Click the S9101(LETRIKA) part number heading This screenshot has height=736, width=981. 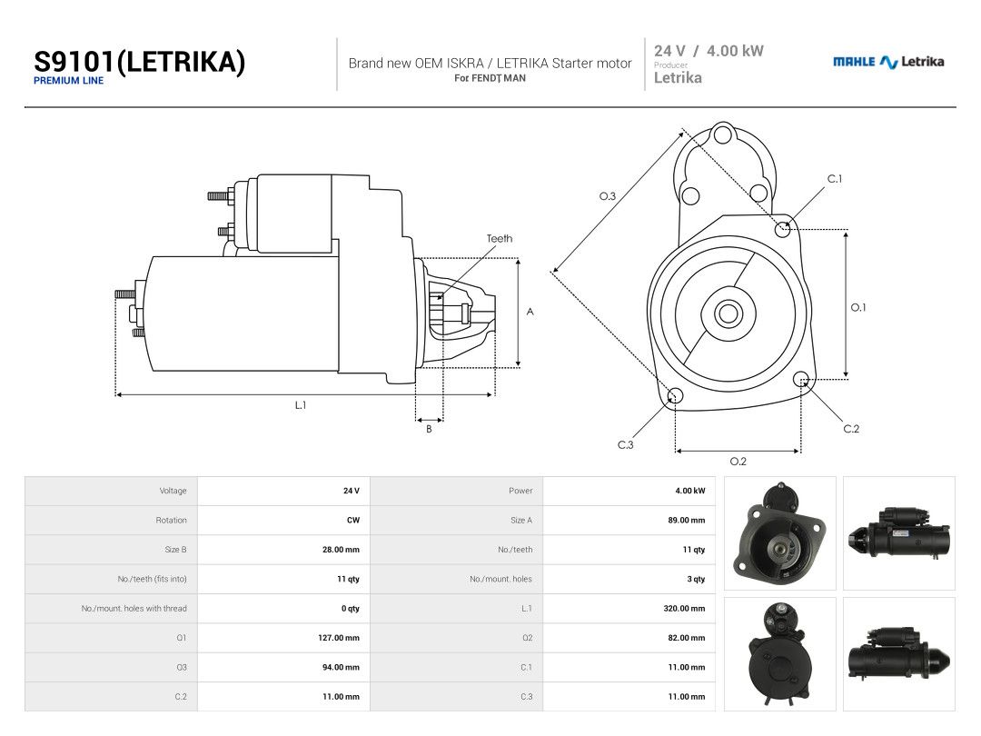tap(139, 62)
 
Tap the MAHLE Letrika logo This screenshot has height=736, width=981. tap(887, 62)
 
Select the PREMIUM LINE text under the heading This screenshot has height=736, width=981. tap(68, 81)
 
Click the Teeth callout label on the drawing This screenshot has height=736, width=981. tap(500, 238)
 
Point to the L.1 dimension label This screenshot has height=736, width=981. tap(301, 405)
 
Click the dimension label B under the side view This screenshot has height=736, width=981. tap(429, 429)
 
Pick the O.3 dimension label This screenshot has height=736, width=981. tap(607, 196)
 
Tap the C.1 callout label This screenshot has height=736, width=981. tap(835, 179)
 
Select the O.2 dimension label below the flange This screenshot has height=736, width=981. tap(738, 462)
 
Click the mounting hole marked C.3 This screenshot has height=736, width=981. tap(676, 395)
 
